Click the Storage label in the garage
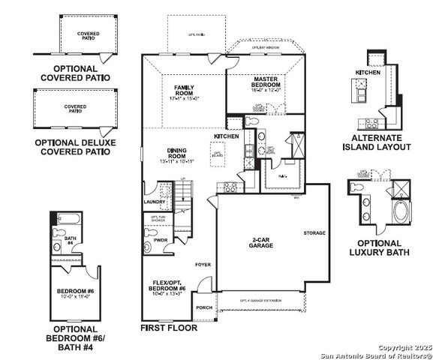coord(314,233)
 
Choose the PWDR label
coord(160,240)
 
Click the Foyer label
coord(203,265)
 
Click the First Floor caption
coord(169,328)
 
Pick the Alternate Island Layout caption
coord(381,142)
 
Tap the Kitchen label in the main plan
coord(227,136)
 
